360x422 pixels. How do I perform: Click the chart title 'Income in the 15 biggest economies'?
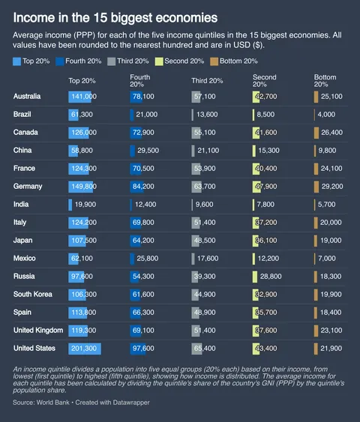point(116,16)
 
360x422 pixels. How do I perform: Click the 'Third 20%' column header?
point(206,80)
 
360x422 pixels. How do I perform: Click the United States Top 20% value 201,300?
point(83,349)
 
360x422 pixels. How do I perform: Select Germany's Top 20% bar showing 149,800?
point(82,187)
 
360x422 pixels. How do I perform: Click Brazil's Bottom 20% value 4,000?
point(326,115)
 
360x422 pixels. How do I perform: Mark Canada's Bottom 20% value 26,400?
point(331,133)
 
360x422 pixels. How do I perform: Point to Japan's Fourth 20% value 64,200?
point(142,241)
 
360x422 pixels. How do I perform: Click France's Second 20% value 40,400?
point(267,169)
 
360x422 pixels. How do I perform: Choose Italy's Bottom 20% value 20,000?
point(331,223)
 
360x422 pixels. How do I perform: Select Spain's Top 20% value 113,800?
point(82,313)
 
